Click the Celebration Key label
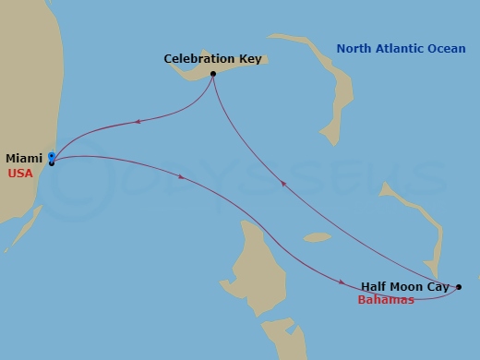pos(213,59)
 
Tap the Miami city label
pos(23,158)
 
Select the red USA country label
pos(20,173)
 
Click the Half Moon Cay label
pos(405,287)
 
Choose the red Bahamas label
pos(386,300)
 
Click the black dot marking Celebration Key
pos(213,74)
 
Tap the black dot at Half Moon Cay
pos(460,287)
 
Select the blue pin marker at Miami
pos(52,156)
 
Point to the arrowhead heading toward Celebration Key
pos(282,184)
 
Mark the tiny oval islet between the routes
pos(317,237)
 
